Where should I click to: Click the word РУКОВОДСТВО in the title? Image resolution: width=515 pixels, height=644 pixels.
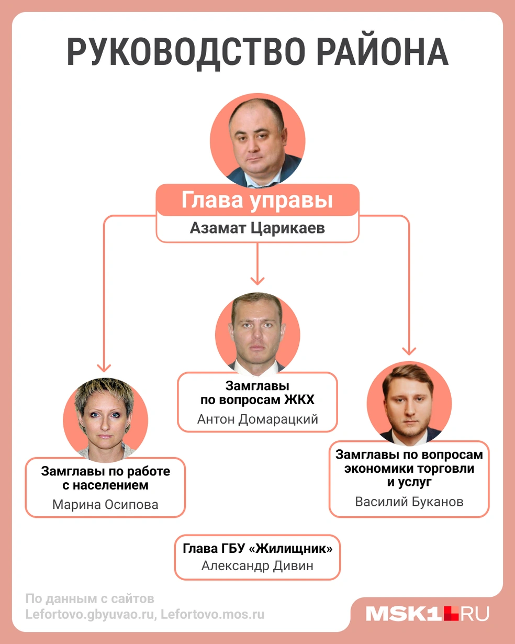click(186, 52)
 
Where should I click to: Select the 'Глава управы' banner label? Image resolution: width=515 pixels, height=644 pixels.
click(257, 200)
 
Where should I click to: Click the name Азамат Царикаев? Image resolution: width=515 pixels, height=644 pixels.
click(257, 228)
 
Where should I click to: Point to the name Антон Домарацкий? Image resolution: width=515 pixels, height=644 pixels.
click(257, 419)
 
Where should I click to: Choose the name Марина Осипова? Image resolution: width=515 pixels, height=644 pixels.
click(105, 505)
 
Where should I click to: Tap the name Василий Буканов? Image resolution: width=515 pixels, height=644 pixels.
click(409, 502)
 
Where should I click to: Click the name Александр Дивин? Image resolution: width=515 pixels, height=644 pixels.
click(257, 565)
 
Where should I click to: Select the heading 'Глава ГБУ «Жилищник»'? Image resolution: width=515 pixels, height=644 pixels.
click(257, 548)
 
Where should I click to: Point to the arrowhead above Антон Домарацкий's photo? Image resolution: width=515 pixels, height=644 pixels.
click(257, 281)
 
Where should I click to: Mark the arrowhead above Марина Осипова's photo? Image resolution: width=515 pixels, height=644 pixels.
click(104, 368)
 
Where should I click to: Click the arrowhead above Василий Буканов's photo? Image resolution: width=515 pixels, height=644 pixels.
click(409, 351)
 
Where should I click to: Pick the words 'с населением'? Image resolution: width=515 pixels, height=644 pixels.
click(105, 485)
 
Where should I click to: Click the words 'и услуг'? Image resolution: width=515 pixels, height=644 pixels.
click(409, 482)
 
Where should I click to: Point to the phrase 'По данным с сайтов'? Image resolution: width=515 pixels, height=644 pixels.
click(90, 599)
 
